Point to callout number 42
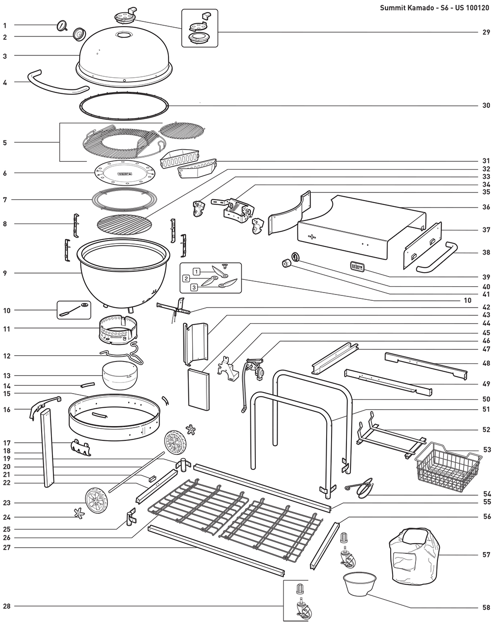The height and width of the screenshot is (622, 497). tap(486, 307)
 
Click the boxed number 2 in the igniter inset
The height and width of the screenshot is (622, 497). tap(186, 279)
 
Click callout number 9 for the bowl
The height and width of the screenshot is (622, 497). tap(4, 273)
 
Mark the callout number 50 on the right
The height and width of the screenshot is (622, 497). tap(486, 399)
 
